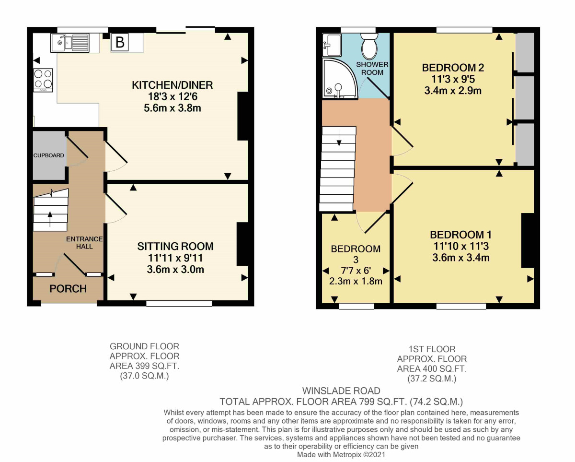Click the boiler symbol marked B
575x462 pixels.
click(x=120, y=43)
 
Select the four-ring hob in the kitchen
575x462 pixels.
click(x=43, y=80)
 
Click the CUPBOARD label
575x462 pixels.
click(x=48, y=155)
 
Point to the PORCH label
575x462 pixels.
click(x=68, y=289)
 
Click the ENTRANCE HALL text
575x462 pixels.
click(x=84, y=242)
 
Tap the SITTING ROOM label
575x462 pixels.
click(x=175, y=247)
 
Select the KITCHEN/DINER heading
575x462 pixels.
click(x=172, y=85)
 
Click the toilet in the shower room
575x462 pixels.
click(x=370, y=47)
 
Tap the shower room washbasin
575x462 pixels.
click(x=331, y=45)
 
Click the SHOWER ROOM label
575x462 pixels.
click(x=372, y=68)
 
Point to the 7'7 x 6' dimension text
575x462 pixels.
click(x=356, y=271)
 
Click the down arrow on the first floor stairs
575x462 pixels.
click(x=339, y=140)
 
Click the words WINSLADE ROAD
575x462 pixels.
click(x=341, y=391)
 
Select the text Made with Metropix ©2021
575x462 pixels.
click(x=341, y=454)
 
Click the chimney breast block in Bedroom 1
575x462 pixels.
click(x=528, y=240)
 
